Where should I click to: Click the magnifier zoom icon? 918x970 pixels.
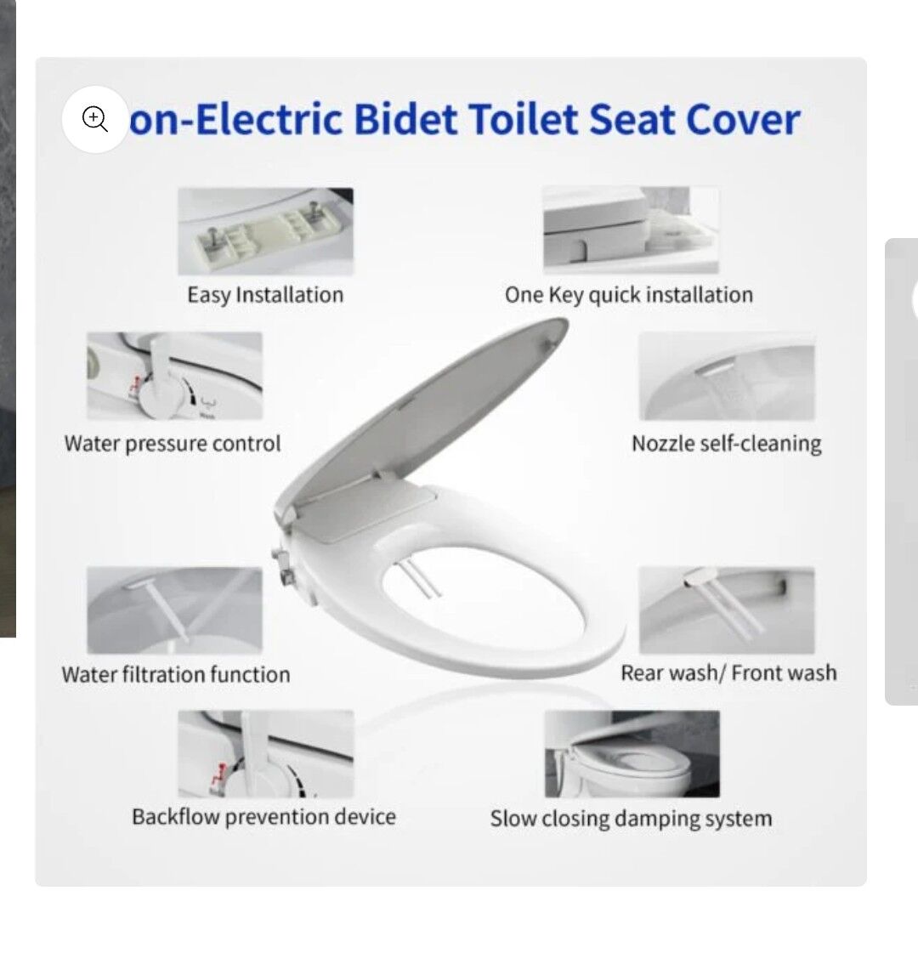pyautogui.click(x=94, y=119)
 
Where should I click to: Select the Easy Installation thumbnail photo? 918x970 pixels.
pyautogui.click(x=265, y=231)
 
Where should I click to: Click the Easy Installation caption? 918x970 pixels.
pyautogui.click(x=265, y=295)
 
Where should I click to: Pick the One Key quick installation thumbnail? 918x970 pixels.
pyautogui.click(x=631, y=230)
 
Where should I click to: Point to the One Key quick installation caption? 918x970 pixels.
pyautogui.click(x=629, y=295)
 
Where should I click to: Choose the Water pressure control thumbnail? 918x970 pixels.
pyautogui.click(x=174, y=376)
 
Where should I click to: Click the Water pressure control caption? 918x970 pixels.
pyautogui.click(x=173, y=444)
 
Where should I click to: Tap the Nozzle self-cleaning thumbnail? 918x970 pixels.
pyautogui.click(x=727, y=376)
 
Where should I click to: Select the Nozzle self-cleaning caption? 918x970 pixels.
pyautogui.click(x=727, y=444)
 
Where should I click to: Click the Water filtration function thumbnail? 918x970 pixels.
pyautogui.click(x=174, y=610)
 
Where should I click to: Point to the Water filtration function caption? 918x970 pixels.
pyautogui.click(x=176, y=674)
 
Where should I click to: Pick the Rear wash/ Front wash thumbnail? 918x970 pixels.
pyautogui.click(x=727, y=610)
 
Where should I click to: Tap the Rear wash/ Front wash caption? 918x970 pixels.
pyautogui.click(x=728, y=673)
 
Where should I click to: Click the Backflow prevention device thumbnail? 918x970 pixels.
pyautogui.click(x=266, y=754)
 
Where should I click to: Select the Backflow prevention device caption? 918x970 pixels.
pyautogui.click(x=263, y=817)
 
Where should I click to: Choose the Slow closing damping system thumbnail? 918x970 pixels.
pyautogui.click(x=632, y=754)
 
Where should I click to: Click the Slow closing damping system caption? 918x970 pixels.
pyautogui.click(x=631, y=819)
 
